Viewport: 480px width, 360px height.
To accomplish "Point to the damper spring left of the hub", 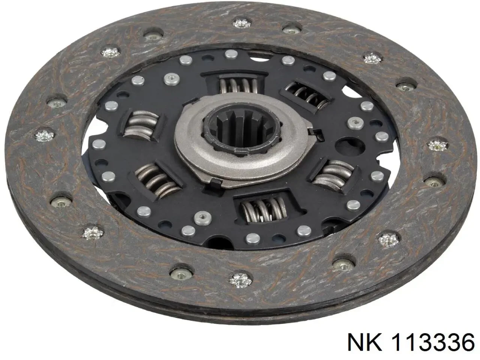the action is [141, 125].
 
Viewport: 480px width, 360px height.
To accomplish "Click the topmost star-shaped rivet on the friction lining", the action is [241, 23].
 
